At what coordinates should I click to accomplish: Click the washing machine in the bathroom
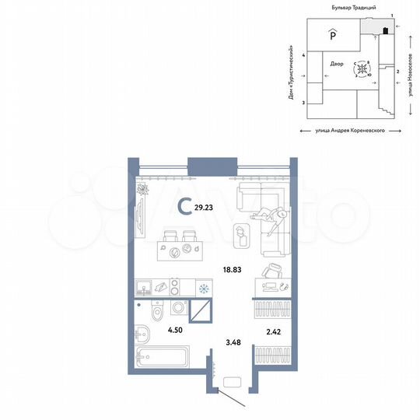pos(177,308)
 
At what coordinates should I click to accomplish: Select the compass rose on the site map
pos(362,70)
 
